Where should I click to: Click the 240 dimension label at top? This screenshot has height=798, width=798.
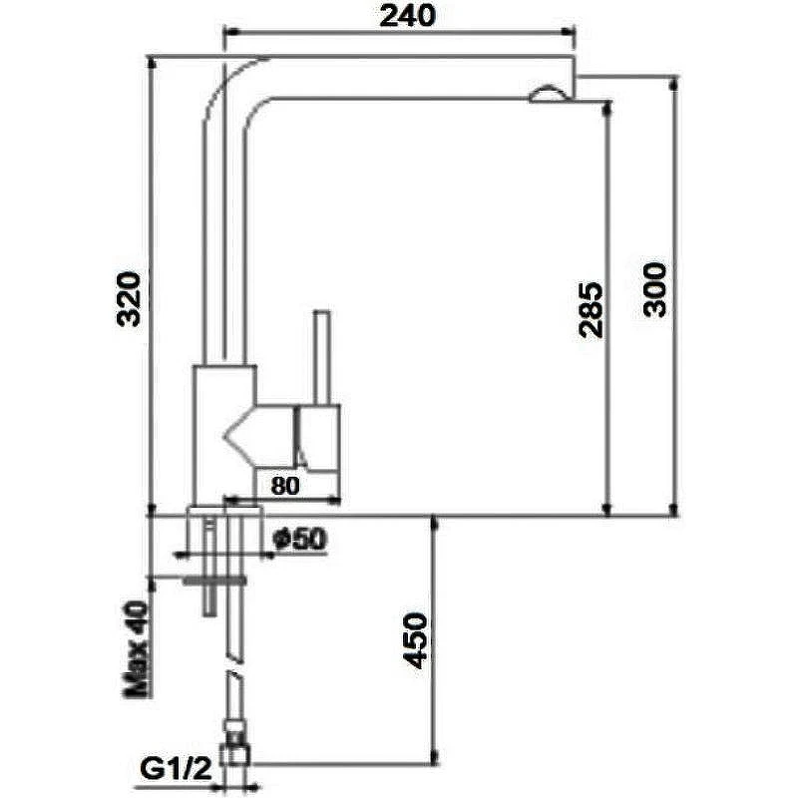tap(408, 16)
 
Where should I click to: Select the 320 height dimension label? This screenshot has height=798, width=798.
tap(129, 299)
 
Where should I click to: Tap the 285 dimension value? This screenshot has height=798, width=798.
tap(591, 310)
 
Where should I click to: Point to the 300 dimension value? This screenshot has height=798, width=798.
tap(654, 290)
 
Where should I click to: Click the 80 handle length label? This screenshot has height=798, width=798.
tap(285, 486)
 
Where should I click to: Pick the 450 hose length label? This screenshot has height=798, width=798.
tap(415, 640)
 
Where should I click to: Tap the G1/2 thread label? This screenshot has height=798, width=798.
tap(176, 770)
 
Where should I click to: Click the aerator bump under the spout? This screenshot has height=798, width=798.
tap(547, 94)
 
